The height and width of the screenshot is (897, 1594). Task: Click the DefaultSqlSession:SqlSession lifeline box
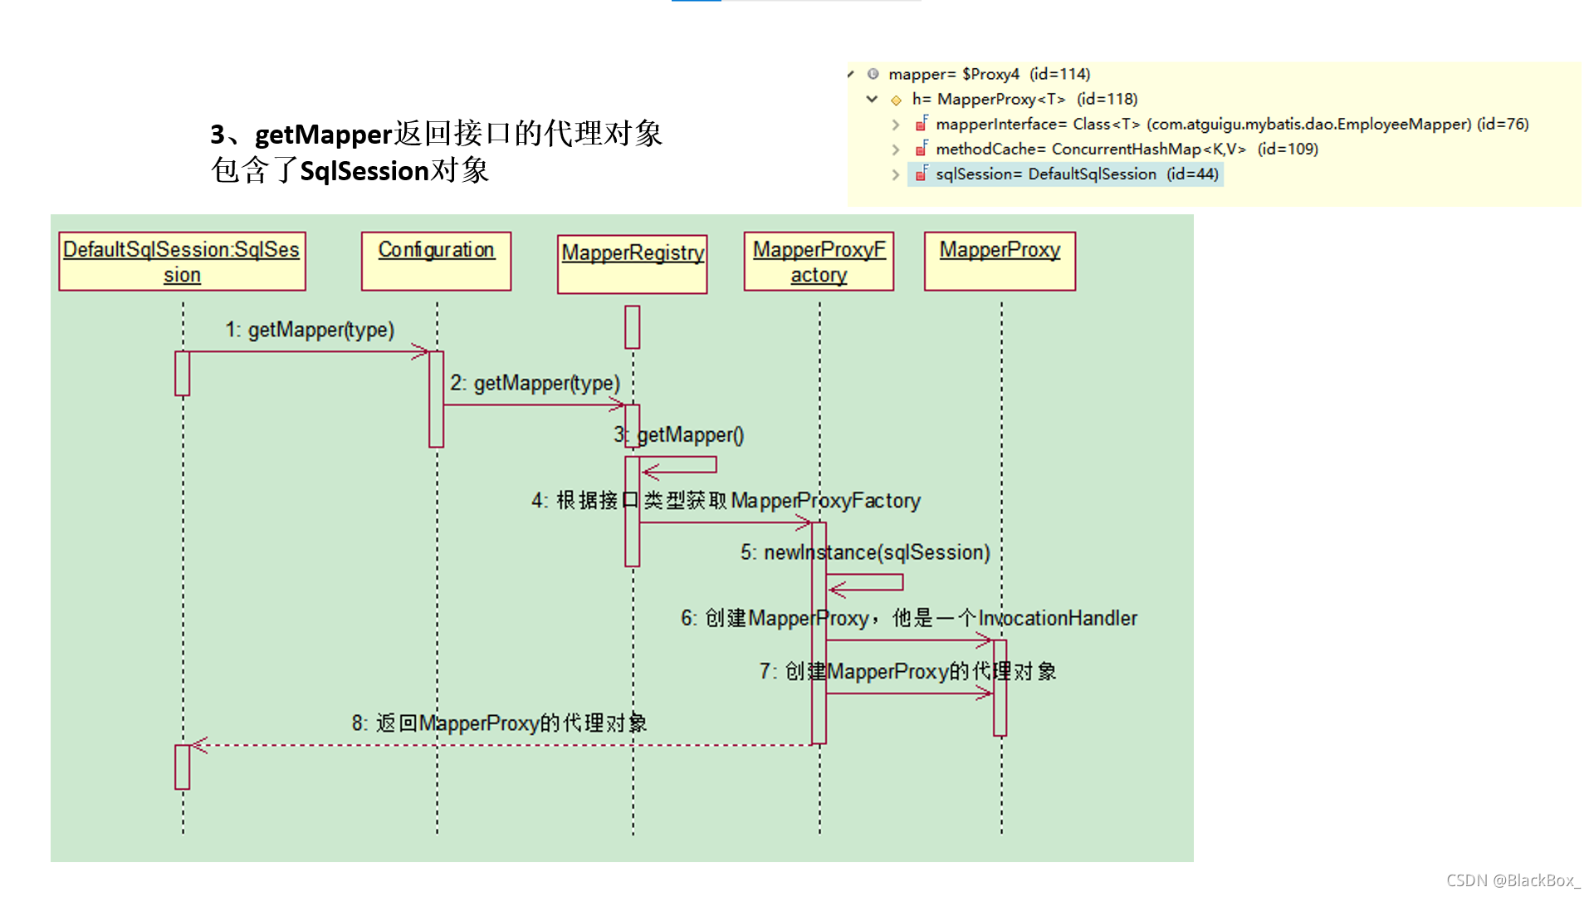(182, 262)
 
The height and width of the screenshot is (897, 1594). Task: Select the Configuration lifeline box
(436, 261)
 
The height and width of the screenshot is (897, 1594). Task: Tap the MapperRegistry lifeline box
(632, 264)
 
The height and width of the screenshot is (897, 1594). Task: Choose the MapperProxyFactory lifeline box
(819, 262)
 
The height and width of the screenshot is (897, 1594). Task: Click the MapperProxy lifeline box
(1000, 261)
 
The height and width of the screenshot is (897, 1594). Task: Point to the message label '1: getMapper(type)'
(310, 330)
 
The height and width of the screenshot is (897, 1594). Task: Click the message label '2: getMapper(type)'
(535, 383)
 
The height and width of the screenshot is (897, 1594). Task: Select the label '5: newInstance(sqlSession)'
(865, 552)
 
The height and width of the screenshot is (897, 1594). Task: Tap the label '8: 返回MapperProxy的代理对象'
(499, 723)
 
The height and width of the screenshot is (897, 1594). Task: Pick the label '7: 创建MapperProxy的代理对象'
(907, 671)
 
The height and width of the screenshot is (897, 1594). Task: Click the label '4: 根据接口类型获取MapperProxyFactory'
(726, 501)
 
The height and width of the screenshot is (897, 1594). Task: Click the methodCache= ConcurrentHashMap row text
(1127, 149)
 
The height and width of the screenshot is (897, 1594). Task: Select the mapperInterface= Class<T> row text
(1232, 125)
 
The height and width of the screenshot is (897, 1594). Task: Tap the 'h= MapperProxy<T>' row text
(1024, 100)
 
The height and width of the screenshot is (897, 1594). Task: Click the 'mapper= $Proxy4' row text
(989, 75)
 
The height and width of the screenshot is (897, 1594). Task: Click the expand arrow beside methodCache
(896, 149)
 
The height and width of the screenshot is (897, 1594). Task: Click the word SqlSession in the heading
(364, 171)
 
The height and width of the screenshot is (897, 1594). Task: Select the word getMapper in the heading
(323, 135)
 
